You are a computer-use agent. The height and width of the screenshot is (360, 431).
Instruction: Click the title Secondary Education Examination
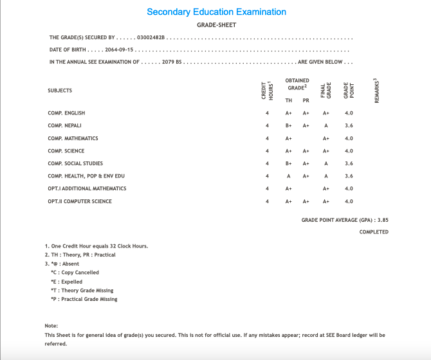click(x=216, y=12)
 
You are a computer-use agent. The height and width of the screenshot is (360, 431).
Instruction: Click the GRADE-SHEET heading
click(x=216, y=25)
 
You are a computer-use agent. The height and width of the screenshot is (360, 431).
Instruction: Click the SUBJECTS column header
click(x=60, y=91)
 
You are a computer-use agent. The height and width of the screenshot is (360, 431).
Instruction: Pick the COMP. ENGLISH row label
click(x=66, y=113)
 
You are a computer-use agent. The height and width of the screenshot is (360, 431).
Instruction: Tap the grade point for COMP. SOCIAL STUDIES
click(x=349, y=164)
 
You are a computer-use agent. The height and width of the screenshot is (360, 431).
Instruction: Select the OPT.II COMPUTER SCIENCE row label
click(x=80, y=202)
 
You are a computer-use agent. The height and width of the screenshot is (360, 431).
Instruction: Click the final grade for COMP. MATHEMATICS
click(x=326, y=138)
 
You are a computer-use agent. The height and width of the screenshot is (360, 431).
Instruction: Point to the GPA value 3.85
click(x=382, y=220)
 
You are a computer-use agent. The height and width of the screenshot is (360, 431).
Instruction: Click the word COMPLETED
click(x=374, y=232)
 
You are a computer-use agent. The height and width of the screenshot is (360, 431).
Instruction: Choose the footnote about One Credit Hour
click(x=96, y=246)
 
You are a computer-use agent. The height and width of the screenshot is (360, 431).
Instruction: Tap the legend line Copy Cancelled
click(x=75, y=273)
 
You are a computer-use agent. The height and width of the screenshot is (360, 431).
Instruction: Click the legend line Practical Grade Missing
click(x=84, y=299)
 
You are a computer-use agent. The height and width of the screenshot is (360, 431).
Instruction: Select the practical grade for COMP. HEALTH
click(x=306, y=176)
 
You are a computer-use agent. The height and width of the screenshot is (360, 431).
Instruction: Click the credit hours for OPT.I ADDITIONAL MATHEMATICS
click(x=267, y=189)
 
